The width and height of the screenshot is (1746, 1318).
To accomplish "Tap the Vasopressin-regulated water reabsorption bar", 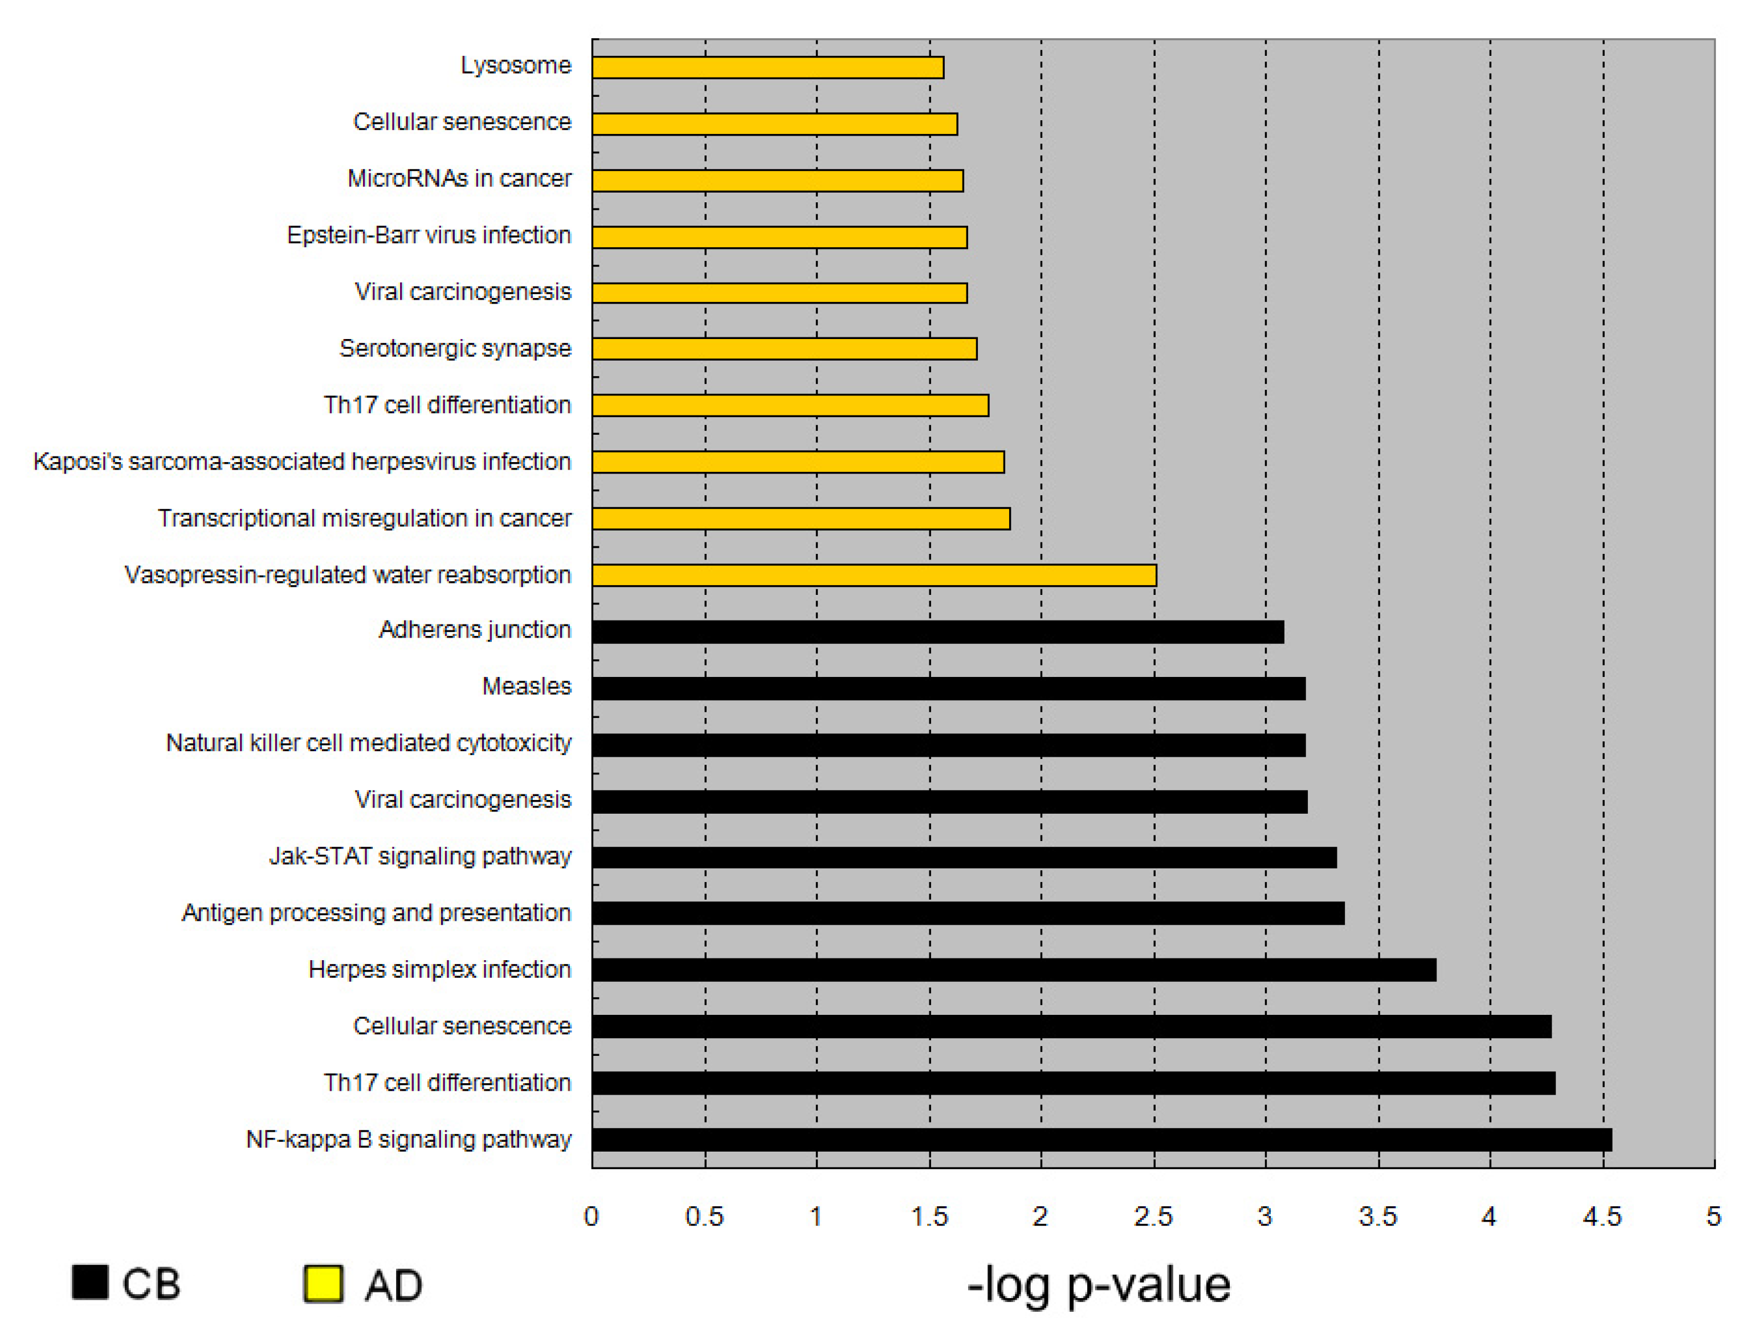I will click(874, 576).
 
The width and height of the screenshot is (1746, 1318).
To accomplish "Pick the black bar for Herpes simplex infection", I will click(1014, 970).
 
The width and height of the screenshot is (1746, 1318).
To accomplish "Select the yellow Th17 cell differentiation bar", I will click(790, 406).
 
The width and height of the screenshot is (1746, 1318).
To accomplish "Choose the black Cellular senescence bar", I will click(1071, 1026).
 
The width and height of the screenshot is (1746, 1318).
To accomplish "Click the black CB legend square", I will click(90, 1282).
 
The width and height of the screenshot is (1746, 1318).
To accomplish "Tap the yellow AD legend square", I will click(324, 1283).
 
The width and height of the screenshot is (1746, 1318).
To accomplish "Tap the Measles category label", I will click(527, 687).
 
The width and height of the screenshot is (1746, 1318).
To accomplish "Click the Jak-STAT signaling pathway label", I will click(420, 856).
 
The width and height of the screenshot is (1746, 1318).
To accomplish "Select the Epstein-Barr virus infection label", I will click(429, 235).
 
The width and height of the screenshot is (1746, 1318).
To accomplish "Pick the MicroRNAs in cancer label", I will click(459, 178).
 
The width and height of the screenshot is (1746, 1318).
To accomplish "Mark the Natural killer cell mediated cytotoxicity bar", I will click(948, 745).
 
